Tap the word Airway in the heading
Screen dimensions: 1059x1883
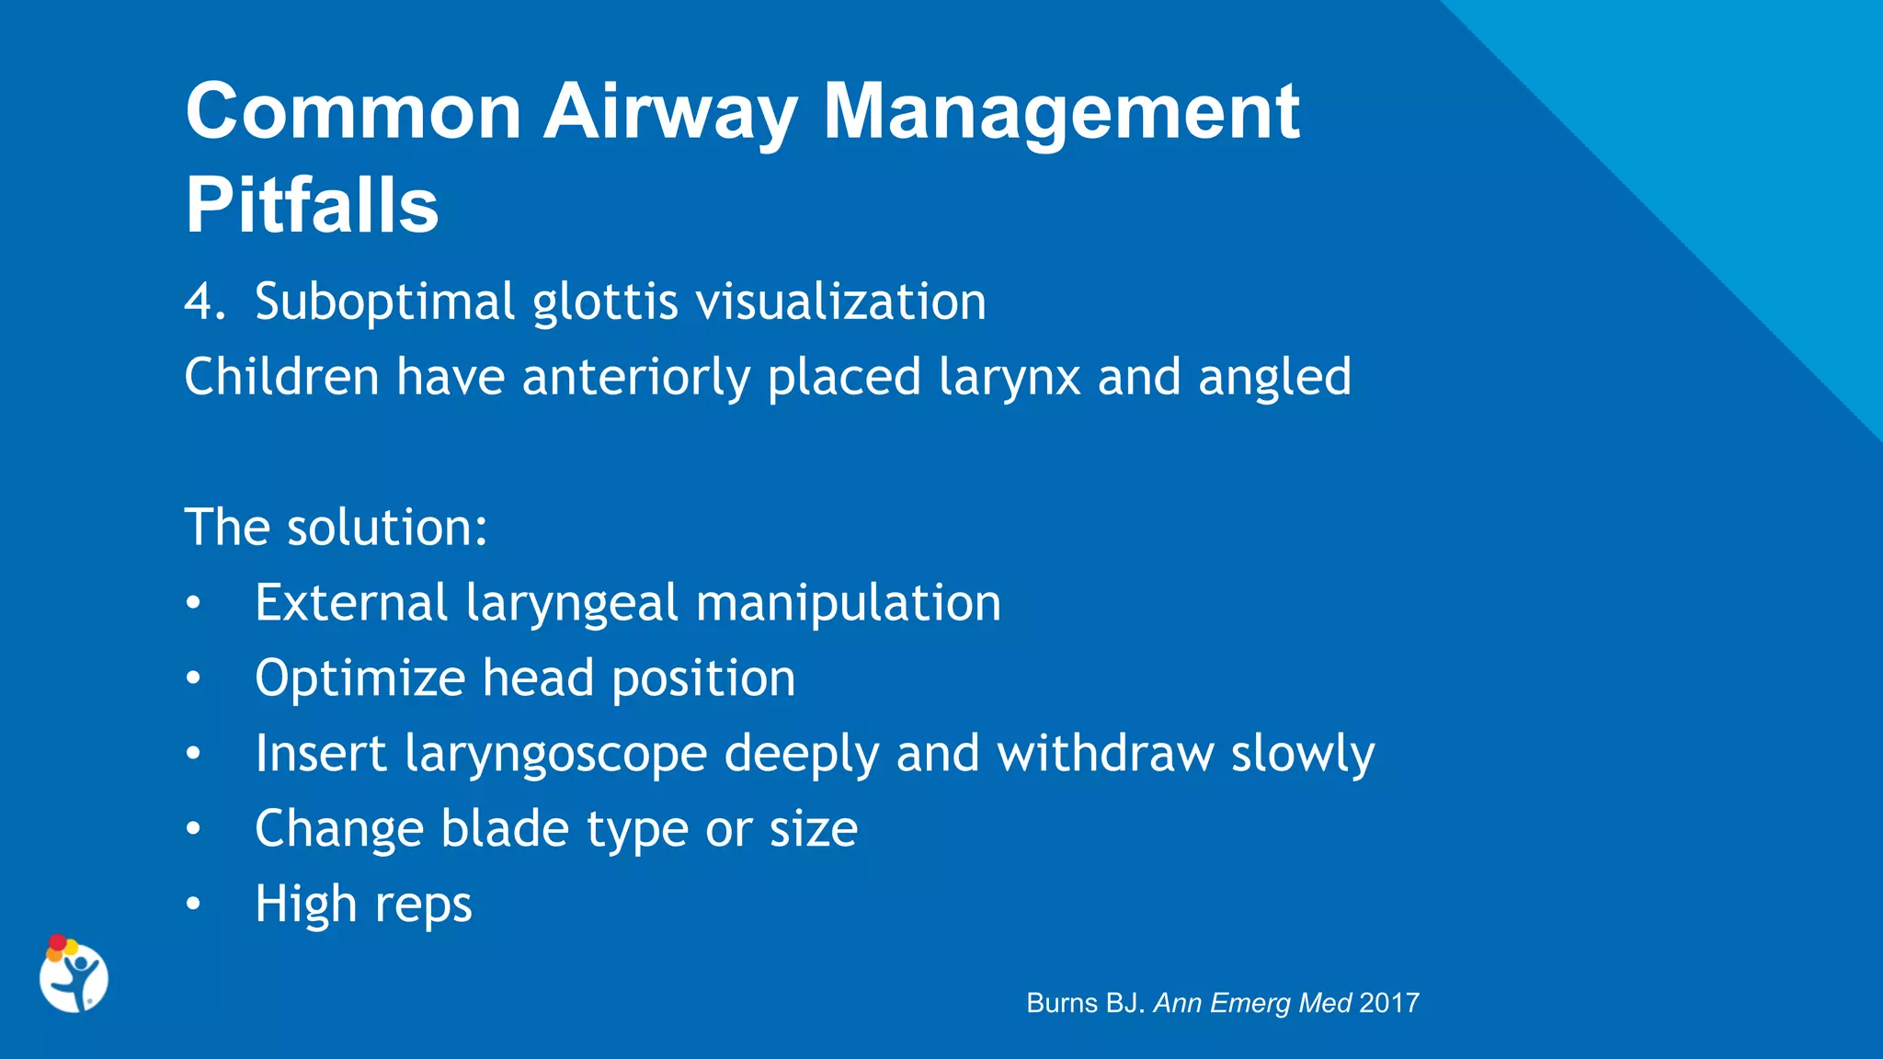670,111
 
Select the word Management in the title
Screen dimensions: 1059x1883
1061,111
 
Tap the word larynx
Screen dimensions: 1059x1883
1010,378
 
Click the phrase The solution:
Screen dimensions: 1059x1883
336,528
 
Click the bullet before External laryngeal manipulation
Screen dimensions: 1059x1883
192,604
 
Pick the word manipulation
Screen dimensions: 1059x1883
848,603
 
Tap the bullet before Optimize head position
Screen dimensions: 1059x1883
192,679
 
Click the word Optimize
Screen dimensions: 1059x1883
360,679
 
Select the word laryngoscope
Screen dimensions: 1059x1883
555,755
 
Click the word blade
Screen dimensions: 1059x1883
505,829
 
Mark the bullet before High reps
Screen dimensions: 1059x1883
192,905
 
